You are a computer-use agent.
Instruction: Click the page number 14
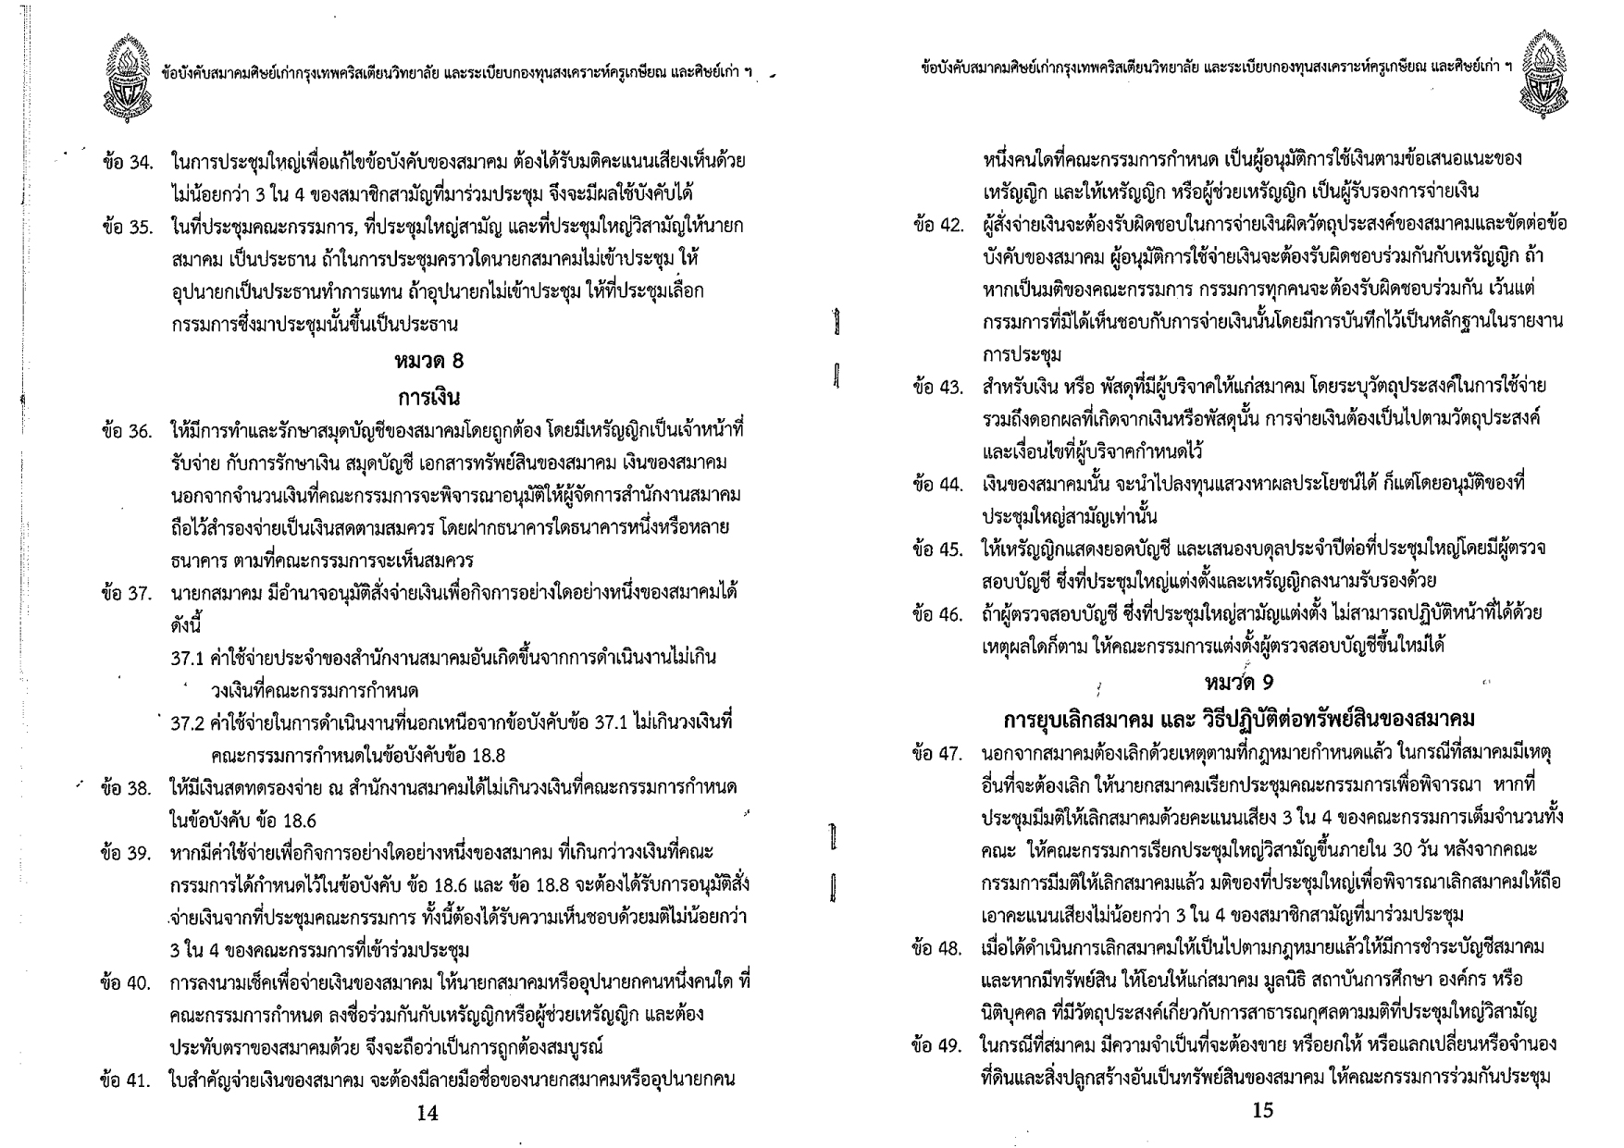tap(427, 1114)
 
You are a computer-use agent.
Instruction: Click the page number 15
tap(1262, 1111)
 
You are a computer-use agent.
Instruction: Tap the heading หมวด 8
tap(428, 362)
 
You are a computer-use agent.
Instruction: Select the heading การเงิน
tap(428, 399)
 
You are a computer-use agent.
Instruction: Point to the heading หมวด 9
tap(1239, 683)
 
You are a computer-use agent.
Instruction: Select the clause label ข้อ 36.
tap(127, 432)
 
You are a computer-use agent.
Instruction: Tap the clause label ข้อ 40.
tap(126, 982)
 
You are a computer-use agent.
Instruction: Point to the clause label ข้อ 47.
tap(937, 754)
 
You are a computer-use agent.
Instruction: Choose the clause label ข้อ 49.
tap(937, 1046)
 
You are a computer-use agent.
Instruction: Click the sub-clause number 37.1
tap(188, 659)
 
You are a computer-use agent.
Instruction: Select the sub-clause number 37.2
tap(188, 722)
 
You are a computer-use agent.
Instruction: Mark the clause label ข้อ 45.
tap(937, 550)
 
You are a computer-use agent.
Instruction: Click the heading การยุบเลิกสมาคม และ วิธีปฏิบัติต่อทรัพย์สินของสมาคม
tap(1239, 720)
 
